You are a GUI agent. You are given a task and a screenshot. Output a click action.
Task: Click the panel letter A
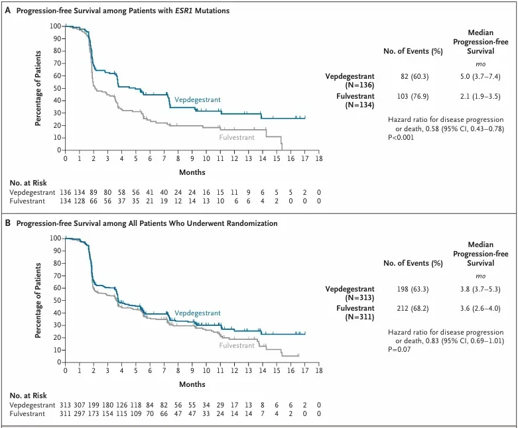(7, 11)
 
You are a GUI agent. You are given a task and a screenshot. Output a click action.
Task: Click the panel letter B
(7, 223)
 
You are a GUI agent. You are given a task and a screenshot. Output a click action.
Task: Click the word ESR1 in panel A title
(182, 11)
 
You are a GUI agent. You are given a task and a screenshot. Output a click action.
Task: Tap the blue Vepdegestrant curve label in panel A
(197, 99)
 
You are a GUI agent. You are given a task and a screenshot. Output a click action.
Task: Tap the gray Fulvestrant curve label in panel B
(237, 345)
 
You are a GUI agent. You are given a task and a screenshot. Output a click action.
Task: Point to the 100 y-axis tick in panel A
(56, 26)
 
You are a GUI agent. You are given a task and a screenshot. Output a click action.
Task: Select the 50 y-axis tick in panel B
(58, 300)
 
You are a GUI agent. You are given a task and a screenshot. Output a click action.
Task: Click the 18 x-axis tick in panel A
(319, 158)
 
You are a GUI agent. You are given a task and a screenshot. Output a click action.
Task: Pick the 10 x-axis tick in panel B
(206, 370)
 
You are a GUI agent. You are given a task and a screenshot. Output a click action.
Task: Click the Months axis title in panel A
(192, 172)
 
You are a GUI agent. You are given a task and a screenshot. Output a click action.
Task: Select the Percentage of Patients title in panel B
(38, 300)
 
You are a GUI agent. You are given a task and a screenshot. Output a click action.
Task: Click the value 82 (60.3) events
(415, 77)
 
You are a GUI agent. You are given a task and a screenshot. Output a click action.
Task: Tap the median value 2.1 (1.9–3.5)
(480, 96)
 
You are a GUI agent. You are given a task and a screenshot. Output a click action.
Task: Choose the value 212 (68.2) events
(413, 309)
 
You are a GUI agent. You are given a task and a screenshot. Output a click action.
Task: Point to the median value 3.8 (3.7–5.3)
(480, 290)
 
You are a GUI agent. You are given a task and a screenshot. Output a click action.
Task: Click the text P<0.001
(401, 137)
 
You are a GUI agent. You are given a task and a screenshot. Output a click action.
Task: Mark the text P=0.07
(399, 349)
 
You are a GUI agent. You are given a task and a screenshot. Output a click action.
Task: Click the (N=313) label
(359, 297)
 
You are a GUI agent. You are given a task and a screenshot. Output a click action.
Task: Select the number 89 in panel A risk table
(94, 192)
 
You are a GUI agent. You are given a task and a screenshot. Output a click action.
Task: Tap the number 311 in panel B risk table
(65, 414)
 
